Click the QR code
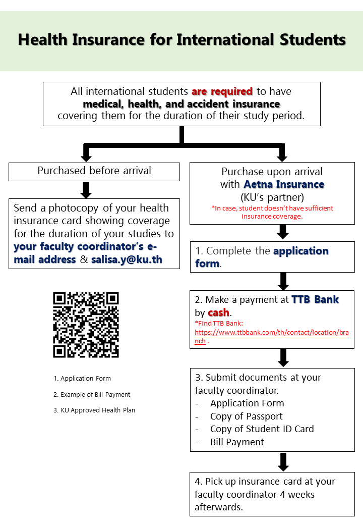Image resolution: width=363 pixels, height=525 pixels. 86,325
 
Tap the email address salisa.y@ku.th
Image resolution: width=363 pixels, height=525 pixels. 127,259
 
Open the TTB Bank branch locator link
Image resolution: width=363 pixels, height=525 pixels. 271,337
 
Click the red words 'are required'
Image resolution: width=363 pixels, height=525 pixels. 222,91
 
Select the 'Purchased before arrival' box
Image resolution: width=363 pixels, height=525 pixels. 94,172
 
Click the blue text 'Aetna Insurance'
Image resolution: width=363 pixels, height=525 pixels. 284,184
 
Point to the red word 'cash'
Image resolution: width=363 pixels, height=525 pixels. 219,312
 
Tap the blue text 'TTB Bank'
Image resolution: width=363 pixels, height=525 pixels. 315,299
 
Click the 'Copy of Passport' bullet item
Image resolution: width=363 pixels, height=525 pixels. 247,416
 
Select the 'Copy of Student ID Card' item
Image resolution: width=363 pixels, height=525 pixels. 262,429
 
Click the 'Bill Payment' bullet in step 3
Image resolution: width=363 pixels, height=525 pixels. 237,442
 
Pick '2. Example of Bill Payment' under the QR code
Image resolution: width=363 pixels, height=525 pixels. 92,394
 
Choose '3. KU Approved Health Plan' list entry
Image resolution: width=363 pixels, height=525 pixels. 94,410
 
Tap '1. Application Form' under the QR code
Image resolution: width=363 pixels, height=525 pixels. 82,378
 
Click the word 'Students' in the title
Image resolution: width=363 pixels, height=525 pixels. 313,39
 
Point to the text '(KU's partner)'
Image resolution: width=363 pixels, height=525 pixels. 272,197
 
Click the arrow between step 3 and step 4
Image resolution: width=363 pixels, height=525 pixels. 283,462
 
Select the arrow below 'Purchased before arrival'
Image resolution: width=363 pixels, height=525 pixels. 86,190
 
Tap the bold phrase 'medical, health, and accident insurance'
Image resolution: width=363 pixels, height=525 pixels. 181,104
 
